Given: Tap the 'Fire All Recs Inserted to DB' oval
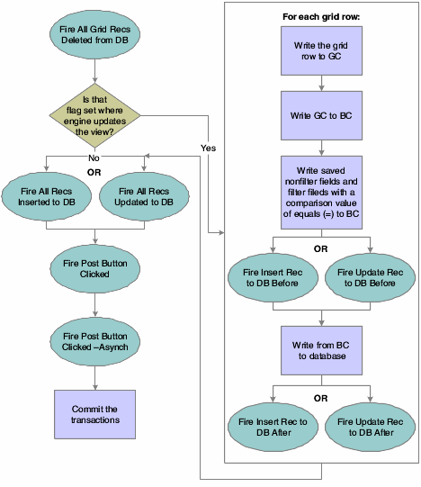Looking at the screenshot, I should tap(46, 195).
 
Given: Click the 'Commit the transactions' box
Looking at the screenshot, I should tap(94, 414).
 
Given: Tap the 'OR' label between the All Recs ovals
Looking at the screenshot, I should tap(94, 169).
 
